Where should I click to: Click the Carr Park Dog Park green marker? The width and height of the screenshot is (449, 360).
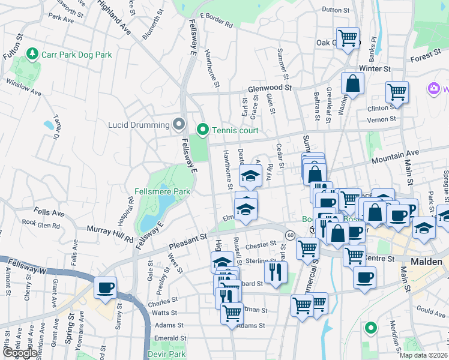point(32,55)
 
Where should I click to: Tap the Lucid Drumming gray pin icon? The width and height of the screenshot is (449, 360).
point(178,124)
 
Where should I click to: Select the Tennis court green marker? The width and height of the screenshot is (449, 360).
point(203,130)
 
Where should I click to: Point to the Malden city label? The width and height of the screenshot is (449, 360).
point(426,262)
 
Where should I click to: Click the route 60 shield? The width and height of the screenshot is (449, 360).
point(290,234)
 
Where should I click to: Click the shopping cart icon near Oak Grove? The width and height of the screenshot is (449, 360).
point(348,38)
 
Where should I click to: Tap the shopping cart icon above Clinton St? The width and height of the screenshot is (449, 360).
point(397,92)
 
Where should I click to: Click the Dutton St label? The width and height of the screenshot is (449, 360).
point(336,10)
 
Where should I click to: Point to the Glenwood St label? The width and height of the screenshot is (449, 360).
point(270,88)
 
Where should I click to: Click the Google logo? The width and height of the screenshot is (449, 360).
point(19,353)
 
